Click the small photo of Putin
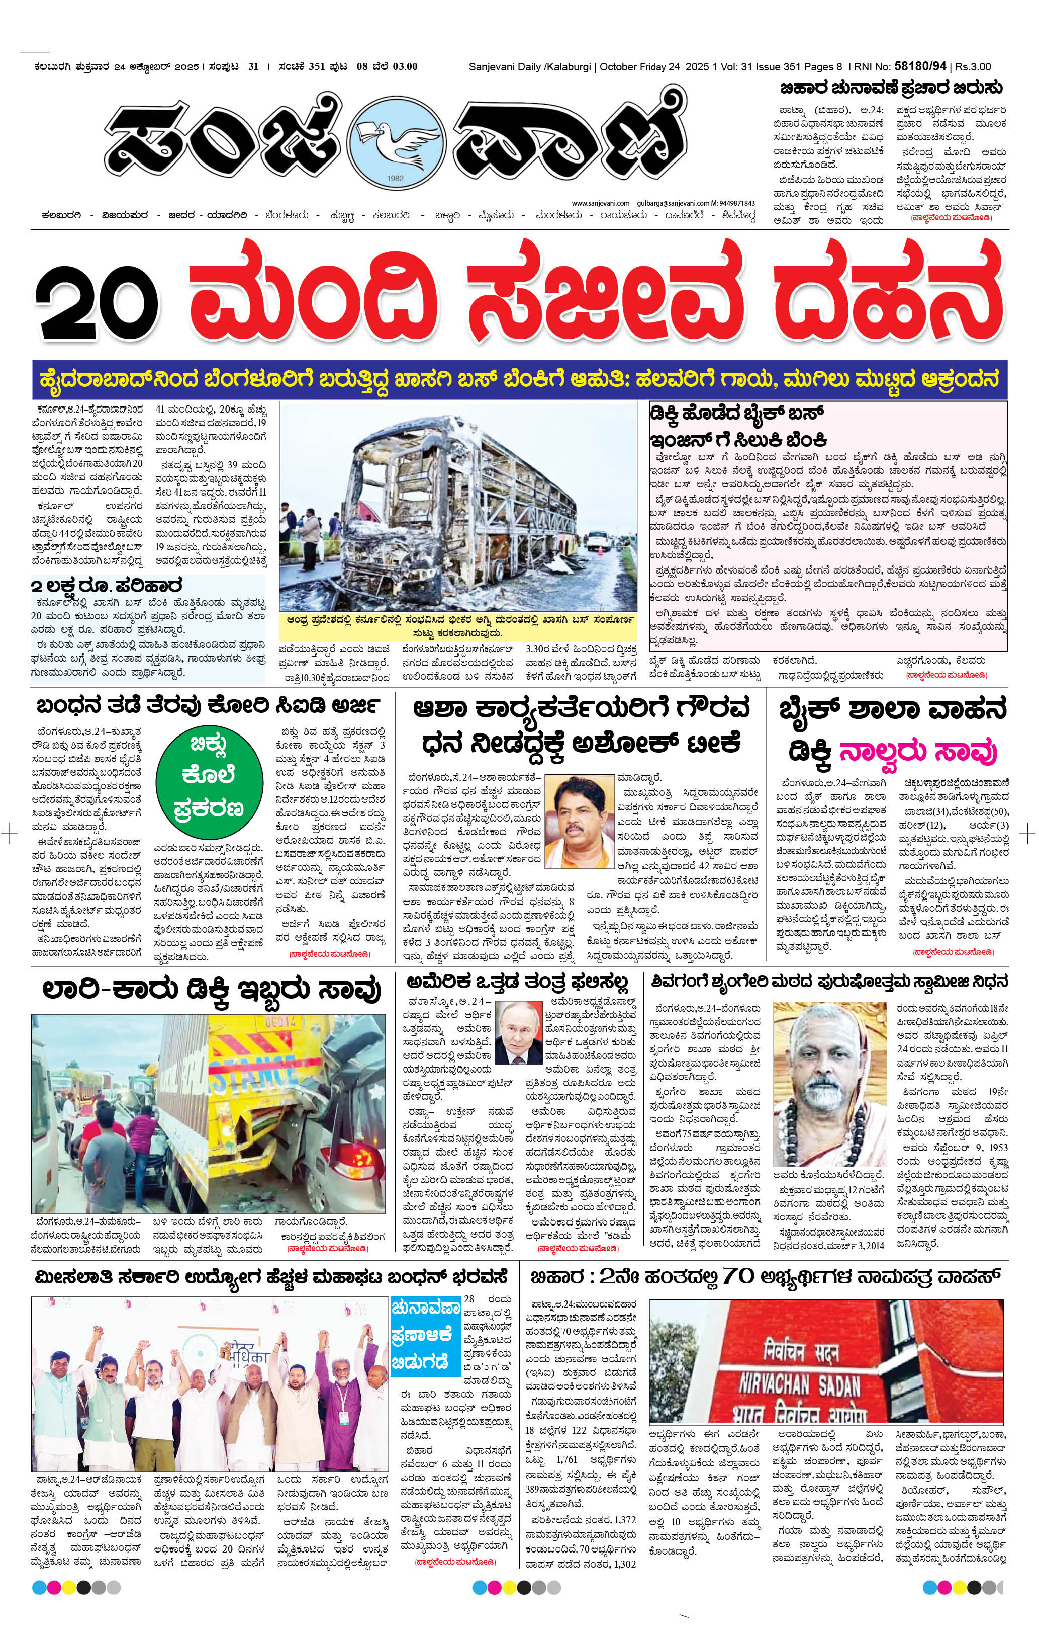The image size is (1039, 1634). [518, 1033]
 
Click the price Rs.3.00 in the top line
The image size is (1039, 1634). [973, 66]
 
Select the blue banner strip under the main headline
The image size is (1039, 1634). [520, 380]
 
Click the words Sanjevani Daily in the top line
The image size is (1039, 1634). [504, 66]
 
